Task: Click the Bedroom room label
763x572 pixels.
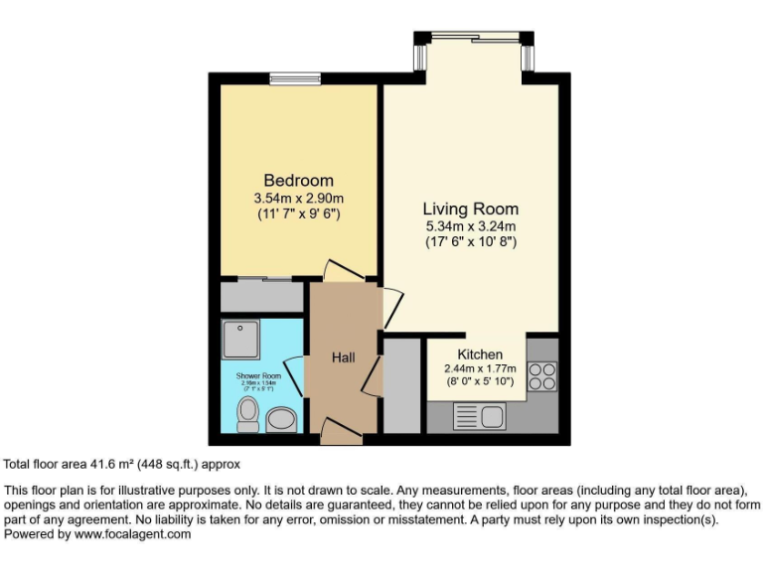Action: tap(298, 181)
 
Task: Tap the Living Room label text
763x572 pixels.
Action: tap(470, 209)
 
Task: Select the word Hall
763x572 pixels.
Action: tap(344, 357)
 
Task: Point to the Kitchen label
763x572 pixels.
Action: tap(479, 355)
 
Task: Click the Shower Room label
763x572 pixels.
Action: tap(258, 376)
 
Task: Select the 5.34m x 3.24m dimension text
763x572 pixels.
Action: tap(470, 225)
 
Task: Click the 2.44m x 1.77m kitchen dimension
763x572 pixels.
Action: tap(479, 368)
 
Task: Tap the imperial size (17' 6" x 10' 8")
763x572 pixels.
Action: tap(470, 241)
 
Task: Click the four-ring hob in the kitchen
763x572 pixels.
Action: tap(542, 376)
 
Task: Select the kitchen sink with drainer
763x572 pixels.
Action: tap(481, 416)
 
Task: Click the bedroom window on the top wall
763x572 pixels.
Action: tap(294, 78)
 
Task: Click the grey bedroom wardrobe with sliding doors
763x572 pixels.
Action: tap(262, 296)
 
